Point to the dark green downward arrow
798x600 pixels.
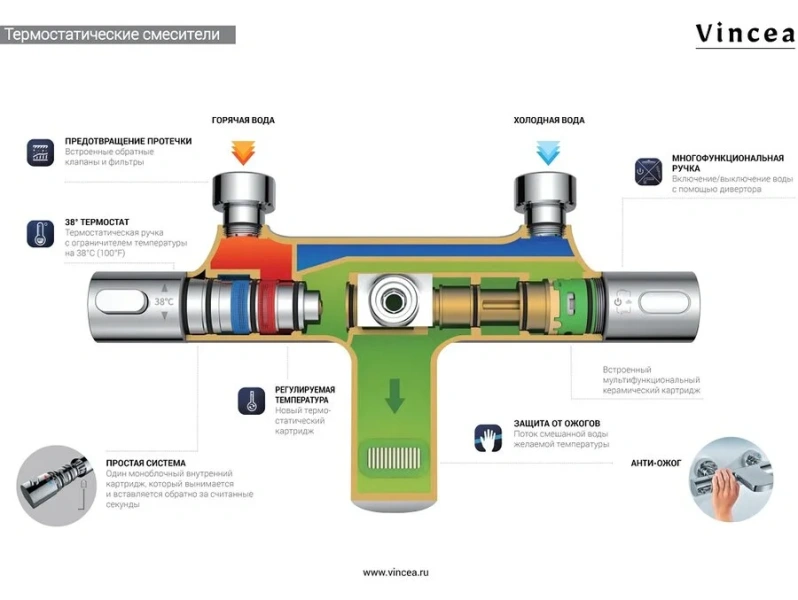coord(396,396)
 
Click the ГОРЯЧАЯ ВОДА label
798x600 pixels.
coord(243,120)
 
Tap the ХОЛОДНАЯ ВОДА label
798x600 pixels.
coord(549,120)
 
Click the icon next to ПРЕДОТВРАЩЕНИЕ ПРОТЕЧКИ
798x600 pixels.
coord(40,152)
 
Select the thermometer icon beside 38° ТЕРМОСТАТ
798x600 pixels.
coord(40,234)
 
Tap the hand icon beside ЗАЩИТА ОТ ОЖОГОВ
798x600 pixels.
coord(487,437)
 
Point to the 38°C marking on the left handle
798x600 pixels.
coord(164,301)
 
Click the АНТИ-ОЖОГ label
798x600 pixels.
coord(655,464)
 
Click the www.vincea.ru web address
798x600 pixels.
coord(396,572)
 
